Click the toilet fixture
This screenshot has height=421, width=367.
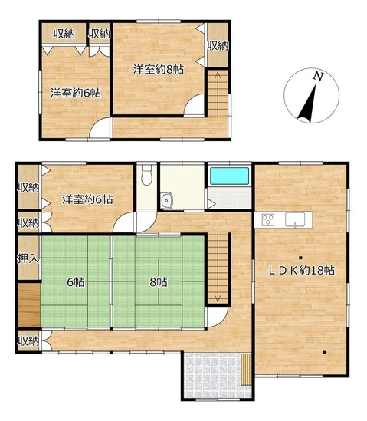pos(146,175)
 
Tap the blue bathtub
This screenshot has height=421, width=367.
pos(230,176)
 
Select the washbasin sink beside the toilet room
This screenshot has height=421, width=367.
pos(167,201)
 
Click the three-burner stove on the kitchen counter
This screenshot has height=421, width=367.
pos(268,220)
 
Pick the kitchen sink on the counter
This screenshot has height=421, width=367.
pos(295,219)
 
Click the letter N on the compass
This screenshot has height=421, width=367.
pos(318,77)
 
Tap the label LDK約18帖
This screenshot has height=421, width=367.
pos(302,271)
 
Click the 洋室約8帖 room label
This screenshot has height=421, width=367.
pos(159,70)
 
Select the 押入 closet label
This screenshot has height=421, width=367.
pos(28,258)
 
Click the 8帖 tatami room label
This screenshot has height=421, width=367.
pos(159,282)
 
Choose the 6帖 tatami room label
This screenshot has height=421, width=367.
pos(76,282)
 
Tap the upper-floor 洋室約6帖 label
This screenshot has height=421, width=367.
pos(76,93)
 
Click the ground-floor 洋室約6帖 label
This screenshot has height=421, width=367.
pos(87,199)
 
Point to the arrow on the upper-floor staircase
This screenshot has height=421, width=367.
pos(218,92)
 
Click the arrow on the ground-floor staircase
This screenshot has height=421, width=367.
pos(218,268)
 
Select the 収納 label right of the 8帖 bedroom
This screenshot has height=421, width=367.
pos(218,46)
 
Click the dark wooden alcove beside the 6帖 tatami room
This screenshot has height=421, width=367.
pos(29,304)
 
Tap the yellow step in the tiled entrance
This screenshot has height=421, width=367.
pos(246,370)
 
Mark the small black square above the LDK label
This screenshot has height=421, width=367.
pos(300,258)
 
